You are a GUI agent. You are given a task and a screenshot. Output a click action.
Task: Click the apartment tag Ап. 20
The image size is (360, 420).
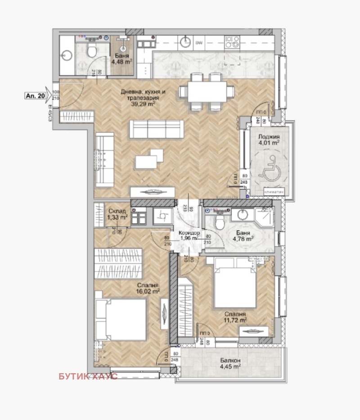(x=34, y=95)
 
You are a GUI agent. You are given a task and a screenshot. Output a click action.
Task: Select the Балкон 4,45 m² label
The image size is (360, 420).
(x=229, y=363)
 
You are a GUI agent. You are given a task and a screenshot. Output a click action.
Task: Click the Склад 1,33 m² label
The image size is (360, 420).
(x=117, y=214)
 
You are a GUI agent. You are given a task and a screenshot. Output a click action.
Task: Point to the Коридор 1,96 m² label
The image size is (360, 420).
(x=189, y=235)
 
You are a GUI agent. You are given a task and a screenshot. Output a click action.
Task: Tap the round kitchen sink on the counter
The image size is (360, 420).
(x=184, y=42)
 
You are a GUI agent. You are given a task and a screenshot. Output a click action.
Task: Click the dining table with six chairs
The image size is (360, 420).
(x=207, y=92)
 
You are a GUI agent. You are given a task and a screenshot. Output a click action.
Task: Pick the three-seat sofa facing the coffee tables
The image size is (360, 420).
(x=157, y=129)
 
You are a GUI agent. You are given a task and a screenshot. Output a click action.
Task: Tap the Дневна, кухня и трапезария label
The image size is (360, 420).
(x=143, y=95)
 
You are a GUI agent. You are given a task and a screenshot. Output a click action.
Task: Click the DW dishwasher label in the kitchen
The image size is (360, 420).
(x=198, y=43)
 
